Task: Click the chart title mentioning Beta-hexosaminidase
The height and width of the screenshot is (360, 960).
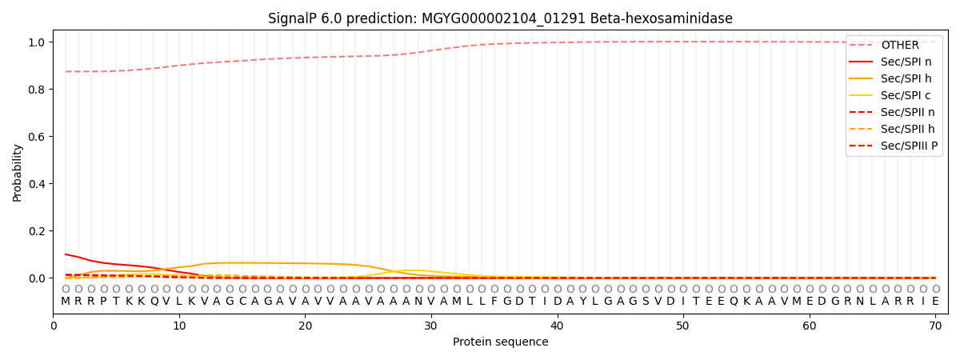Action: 500,18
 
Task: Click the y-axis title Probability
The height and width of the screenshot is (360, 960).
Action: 18,172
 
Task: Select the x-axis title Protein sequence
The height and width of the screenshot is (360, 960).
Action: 500,342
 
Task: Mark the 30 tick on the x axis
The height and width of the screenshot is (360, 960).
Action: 431,325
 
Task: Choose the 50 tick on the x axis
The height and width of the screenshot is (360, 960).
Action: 683,325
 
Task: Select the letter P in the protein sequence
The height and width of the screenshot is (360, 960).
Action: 103,302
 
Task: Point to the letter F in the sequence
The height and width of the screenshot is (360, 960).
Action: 494,302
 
